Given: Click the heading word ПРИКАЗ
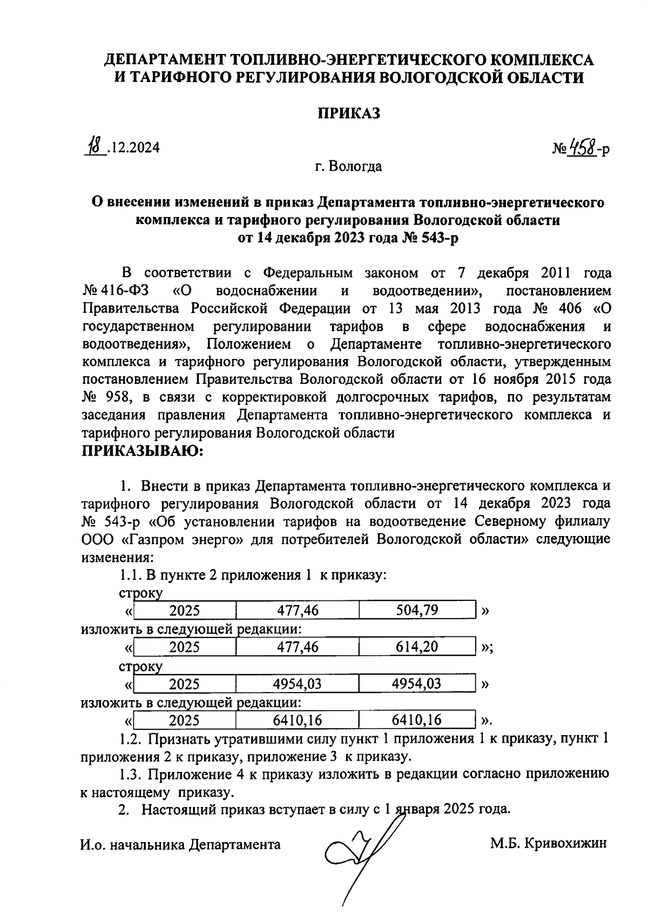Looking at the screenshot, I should [348, 114].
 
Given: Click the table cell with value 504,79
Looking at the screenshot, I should [416, 611].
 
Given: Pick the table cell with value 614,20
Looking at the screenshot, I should [416, 647].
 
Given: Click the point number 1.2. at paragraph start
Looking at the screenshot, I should [131, 739].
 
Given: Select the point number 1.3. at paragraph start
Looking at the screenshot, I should [131, 775].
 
